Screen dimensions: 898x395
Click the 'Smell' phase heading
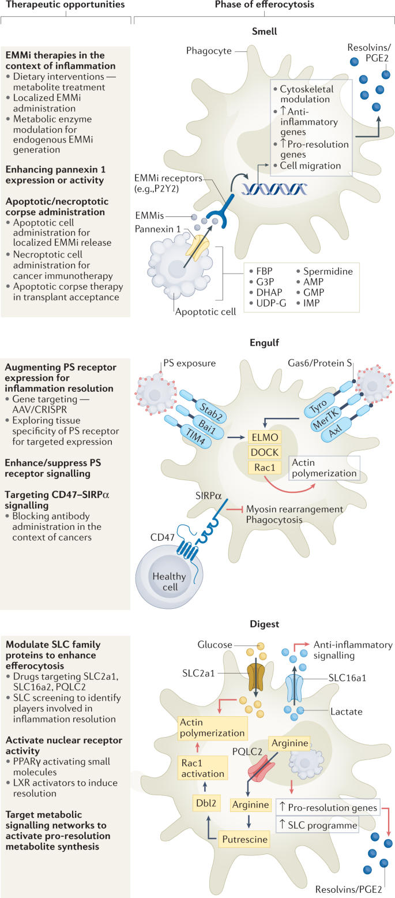(264, 32)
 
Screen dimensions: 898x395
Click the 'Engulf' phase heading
(264, 343)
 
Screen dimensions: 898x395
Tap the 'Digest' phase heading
(264, 624)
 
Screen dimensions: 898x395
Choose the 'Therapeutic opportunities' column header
(63, 5)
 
